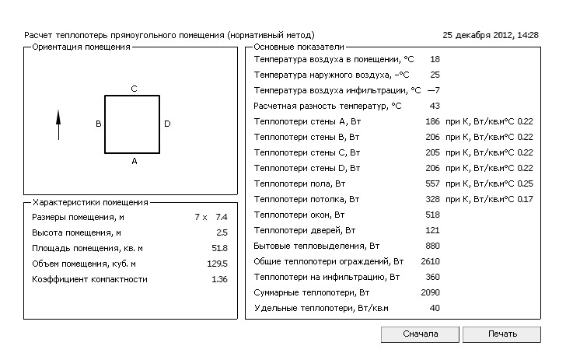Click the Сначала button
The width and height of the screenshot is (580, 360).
click(x=420, y=334)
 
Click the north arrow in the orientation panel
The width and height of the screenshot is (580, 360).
click(x=58, y=124)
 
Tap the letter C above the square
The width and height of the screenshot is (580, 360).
click(x=134, y=89)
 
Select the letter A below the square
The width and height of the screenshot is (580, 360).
click(x=134, y=161)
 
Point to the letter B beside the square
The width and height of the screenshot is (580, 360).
click(x=98, y=124)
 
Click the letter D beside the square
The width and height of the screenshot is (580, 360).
click(x=167, y=124)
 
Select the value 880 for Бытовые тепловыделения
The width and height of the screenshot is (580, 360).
click(x=432, y=246)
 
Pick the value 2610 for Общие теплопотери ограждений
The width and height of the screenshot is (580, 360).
click(x=430, y=261)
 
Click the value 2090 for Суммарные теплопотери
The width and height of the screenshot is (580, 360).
click(x=430, y=292)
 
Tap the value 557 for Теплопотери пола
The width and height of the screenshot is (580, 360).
click(x=432, y=183)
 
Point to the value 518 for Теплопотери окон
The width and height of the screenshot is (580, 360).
click(x=432, y=215)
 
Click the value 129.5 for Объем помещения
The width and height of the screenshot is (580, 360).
click(x=218, y=264)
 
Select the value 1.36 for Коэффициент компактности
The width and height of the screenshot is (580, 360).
click(x=219, y=279)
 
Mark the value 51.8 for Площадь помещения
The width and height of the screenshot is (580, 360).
click(x=219, y=248)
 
